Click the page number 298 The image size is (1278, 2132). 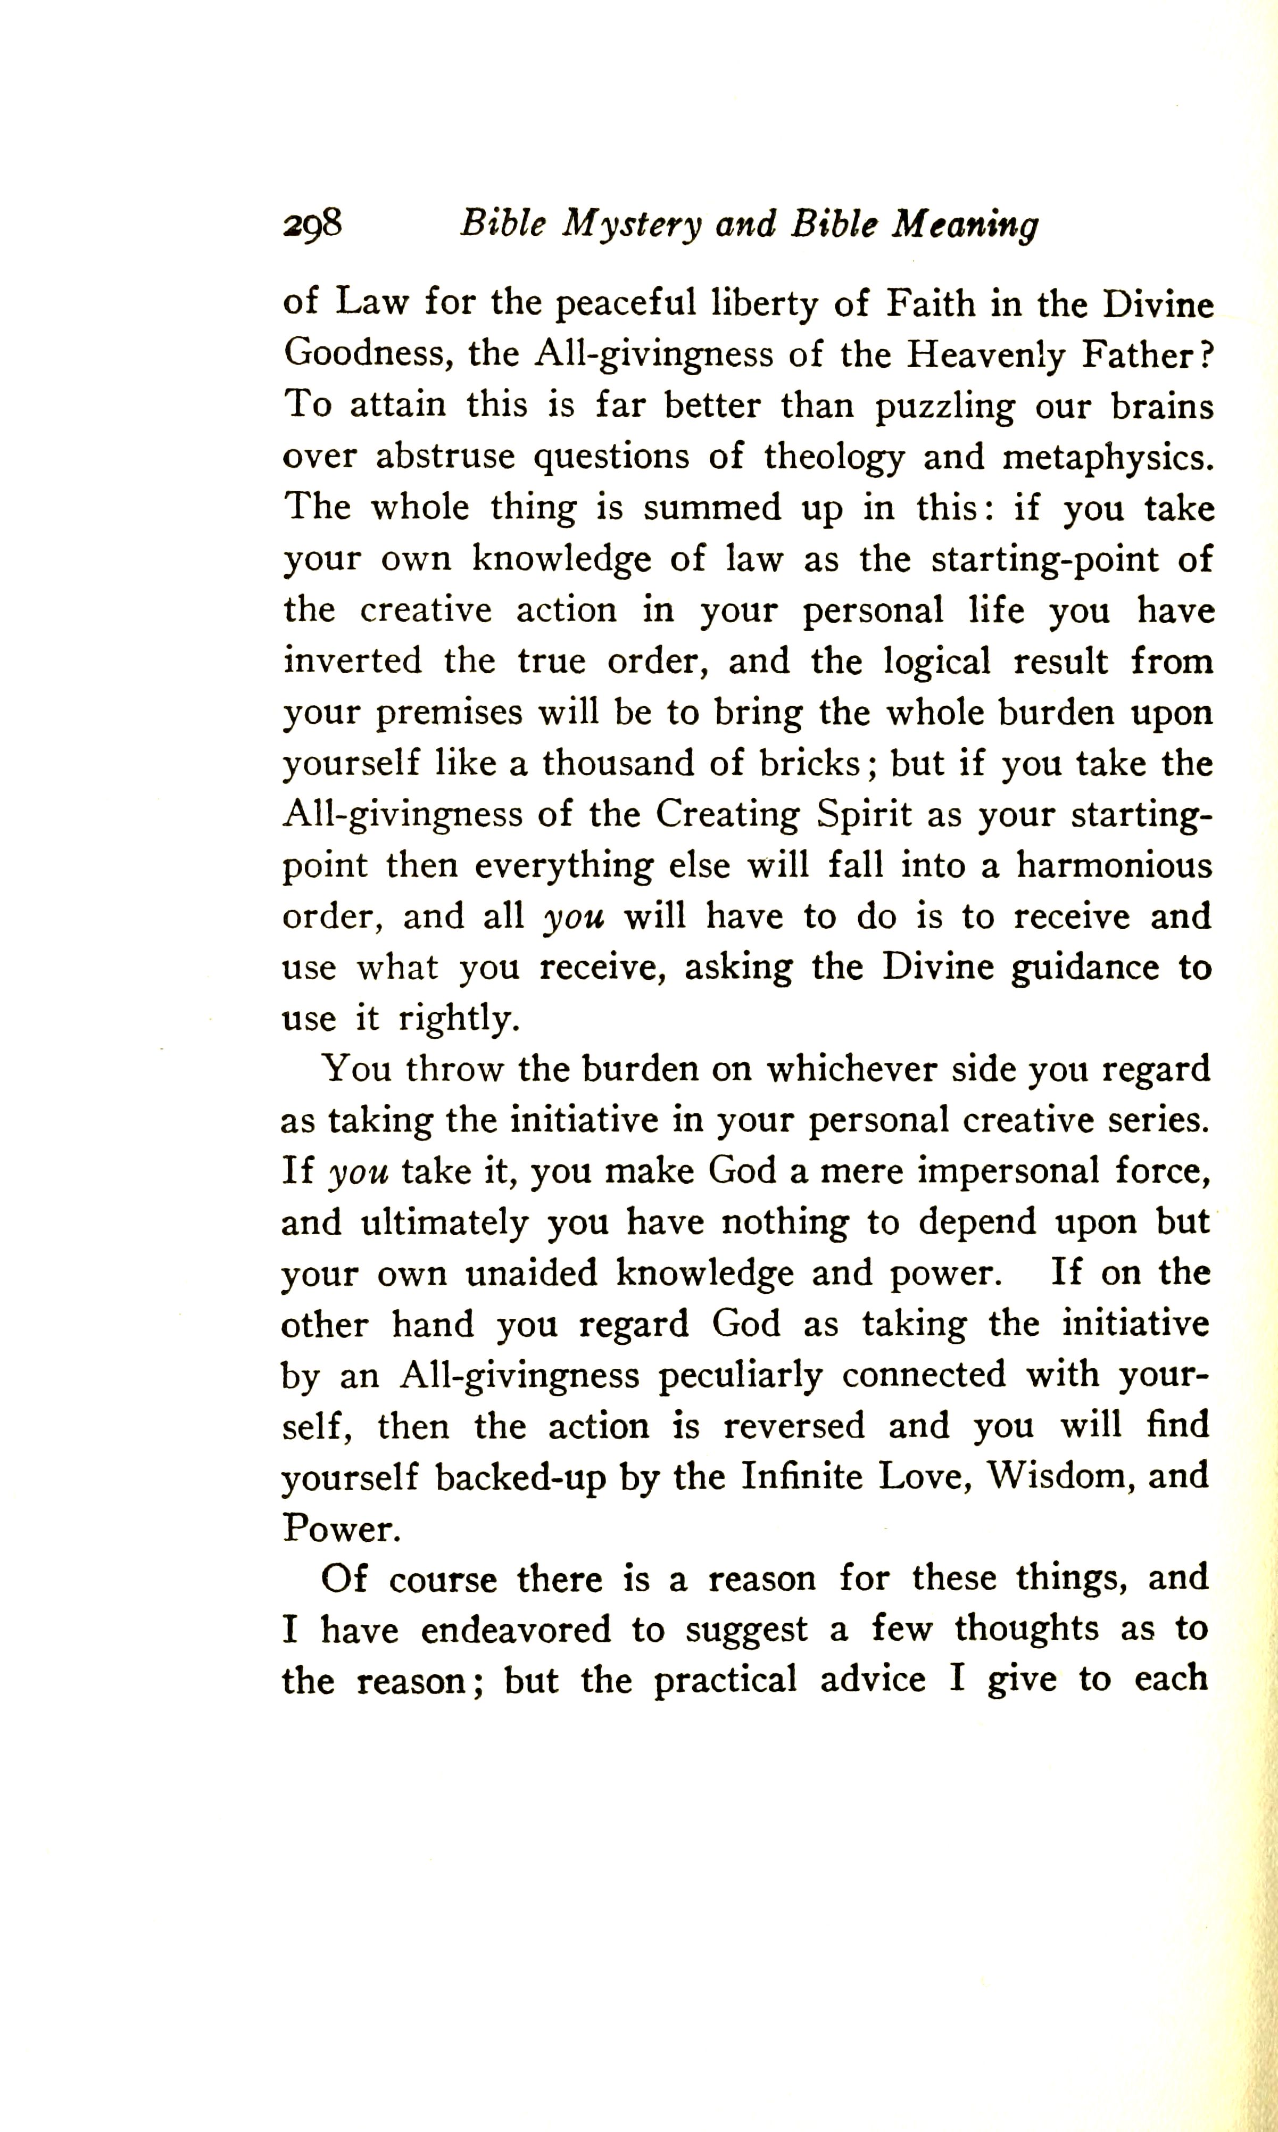click(x=313, y=225)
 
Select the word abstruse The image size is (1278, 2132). click(x=446, y=457)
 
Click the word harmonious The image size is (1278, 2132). click(x=1114, y=866)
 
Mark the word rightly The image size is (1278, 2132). click(x=459, y=1020)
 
